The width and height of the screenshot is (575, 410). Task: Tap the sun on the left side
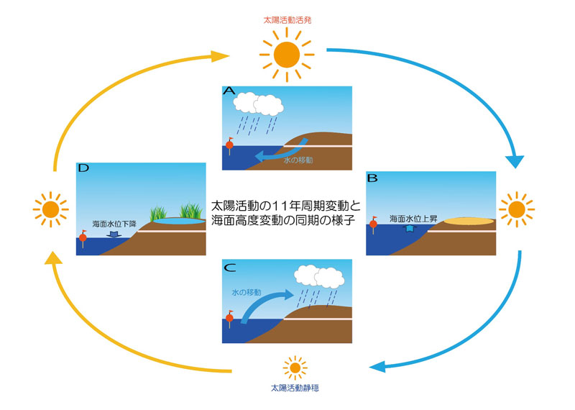[50, 209]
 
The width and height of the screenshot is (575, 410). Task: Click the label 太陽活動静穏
[295, 388]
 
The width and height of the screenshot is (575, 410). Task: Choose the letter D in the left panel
[84, 169]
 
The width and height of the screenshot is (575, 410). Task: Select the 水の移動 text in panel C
[247, 293]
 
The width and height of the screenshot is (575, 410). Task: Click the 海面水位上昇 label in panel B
[412, 217]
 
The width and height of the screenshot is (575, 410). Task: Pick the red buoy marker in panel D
[83, 237]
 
